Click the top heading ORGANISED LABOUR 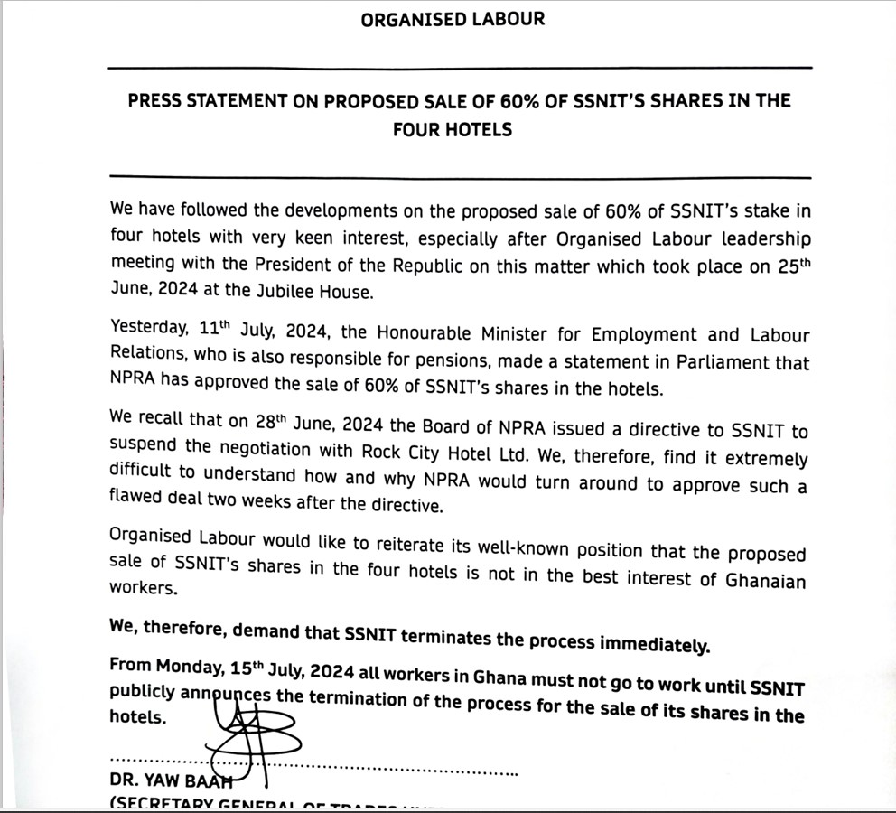point(453,19)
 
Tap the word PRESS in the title point(159,100)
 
